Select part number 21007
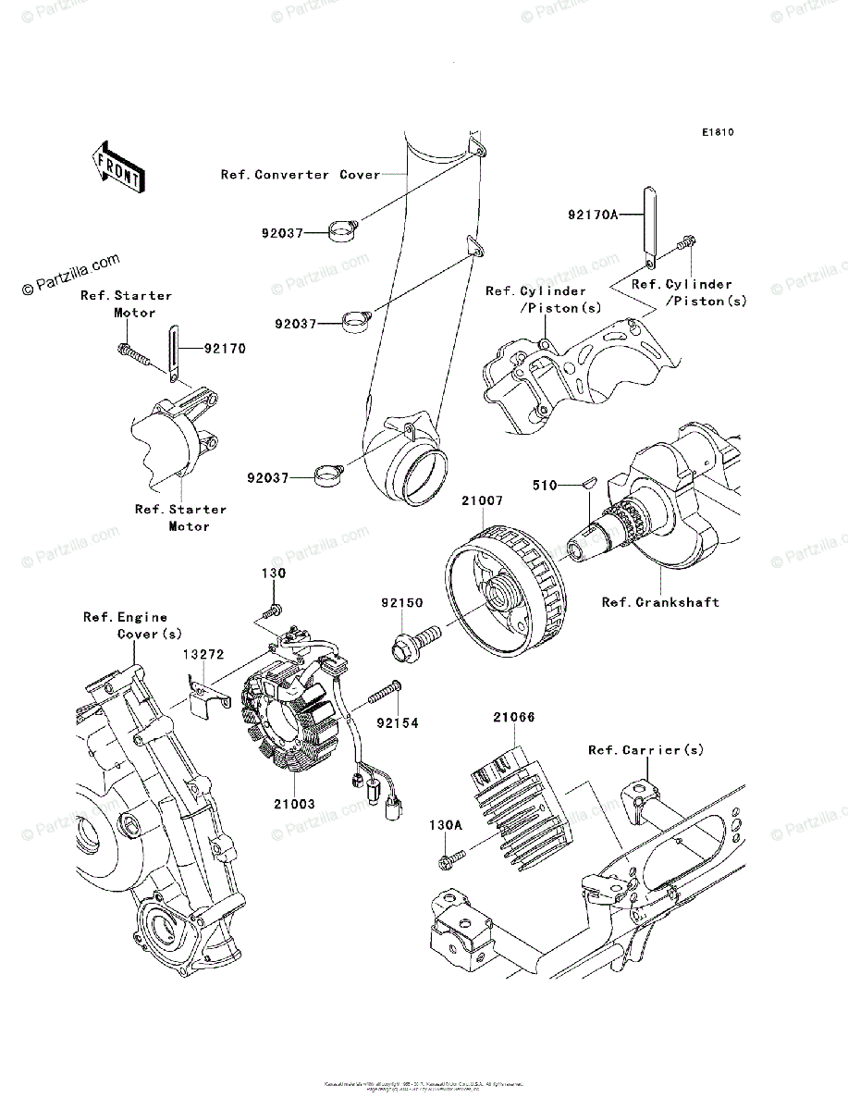pyautogui.click(x=484, y=500)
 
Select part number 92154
pyautogui.click(x=398, y=722)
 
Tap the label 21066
pyautogui.click(x=513, y=717)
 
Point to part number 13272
pyautogui.click(x=203, y=654)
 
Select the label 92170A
pyautogui.click(x=592, y=215)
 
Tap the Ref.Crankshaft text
pyautogui.click(x=660, y=602)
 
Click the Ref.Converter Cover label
pyautogui.click(x=300, y=174)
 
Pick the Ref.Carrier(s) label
pyautogui.click(x=645, y=749)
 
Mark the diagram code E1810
pyautogui.click(x=717, y=133)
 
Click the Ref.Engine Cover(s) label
pyautogui.click(x=126, y=625)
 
